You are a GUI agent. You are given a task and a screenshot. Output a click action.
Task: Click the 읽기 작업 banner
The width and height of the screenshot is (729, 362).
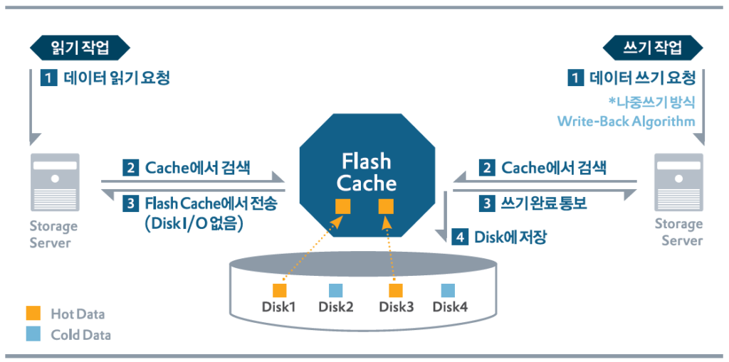80,48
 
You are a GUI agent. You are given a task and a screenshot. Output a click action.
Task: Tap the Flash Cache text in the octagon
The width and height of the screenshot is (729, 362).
367,173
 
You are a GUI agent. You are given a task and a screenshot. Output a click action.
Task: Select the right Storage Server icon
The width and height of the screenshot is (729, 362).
678,183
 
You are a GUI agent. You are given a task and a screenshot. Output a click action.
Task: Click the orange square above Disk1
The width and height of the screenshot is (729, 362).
280,290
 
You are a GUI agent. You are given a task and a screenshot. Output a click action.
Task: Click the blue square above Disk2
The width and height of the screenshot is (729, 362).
336,290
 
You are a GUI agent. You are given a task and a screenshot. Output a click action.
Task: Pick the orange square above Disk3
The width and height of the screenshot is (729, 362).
396,290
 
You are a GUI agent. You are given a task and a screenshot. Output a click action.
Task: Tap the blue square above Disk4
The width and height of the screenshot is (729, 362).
448,290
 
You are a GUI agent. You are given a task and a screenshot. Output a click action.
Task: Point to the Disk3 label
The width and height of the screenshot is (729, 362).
396,307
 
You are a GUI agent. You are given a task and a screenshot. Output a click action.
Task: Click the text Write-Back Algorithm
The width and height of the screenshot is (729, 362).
626,122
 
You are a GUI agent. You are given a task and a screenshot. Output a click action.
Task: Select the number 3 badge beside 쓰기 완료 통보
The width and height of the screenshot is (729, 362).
487,203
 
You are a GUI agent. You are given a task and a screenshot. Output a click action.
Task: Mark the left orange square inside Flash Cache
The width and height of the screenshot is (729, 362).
343,207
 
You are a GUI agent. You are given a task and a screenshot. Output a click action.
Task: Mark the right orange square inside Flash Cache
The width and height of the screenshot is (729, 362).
386,207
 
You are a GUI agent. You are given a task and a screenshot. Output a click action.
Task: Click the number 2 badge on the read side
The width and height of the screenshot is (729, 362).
130,169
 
